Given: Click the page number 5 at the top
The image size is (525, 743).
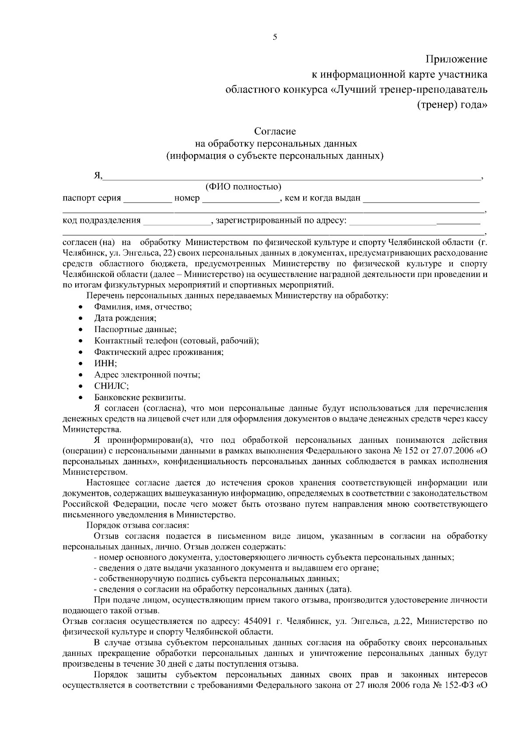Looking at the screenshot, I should click(275, 37).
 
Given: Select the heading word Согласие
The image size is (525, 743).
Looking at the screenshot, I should click(275, 131).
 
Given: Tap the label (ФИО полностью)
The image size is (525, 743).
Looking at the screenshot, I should click(243, 187).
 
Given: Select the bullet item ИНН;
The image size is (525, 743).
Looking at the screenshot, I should click(105, 363).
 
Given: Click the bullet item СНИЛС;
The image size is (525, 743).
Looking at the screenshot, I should click(111, 386).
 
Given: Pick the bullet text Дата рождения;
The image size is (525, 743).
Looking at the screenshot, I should click(125, 318).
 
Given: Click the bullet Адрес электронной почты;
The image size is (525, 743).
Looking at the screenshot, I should click(147, 375).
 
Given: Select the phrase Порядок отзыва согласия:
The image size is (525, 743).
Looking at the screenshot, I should click(137, 525).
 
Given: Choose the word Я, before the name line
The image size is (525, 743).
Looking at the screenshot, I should click(98, 176).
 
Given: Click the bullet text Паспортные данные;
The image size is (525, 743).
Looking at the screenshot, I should click(135, 329).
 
